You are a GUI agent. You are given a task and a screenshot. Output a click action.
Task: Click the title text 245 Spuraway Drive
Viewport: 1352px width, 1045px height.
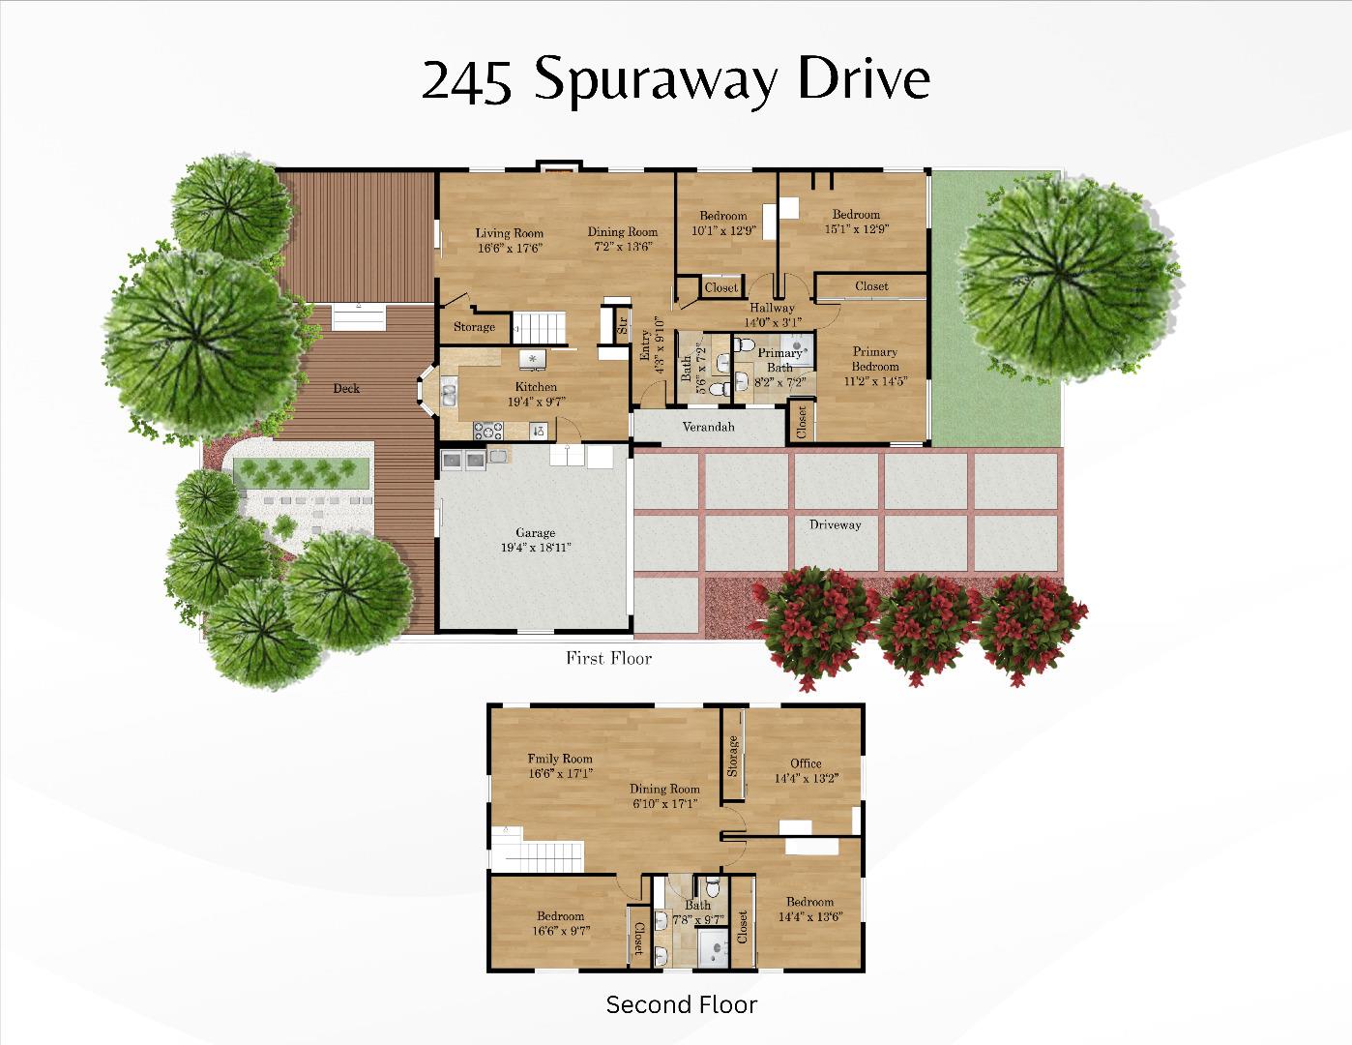pyautogui.click(x=675, y=80)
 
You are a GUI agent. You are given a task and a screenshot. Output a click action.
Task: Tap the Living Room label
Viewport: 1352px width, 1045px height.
pyautogui.click(x=509, y=233)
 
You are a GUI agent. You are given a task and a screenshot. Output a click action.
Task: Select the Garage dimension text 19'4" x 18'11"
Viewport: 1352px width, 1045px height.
pyautogui.click(x=535, y=548)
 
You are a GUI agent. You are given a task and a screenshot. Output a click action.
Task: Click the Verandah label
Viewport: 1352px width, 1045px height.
pyautogui.click(x=708, y=427)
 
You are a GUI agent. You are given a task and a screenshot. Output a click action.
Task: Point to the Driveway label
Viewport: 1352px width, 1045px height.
pyautogui.click(x=835, y=524)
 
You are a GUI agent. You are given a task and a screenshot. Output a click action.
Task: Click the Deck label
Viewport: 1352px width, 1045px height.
pyautogui.click(x=346, y=388)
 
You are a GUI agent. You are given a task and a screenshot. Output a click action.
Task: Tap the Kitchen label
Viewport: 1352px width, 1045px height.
pyautogui.click(x=535, y=387)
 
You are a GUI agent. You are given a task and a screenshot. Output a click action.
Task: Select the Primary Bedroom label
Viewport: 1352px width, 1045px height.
pyautogui.click(x=874, y=359)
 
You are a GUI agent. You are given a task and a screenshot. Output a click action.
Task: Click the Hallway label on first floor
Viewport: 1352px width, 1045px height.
pyautogui.click(x=772, y=308)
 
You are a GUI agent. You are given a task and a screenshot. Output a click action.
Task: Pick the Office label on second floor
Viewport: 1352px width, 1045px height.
pyautogui.click(x=806, y=763)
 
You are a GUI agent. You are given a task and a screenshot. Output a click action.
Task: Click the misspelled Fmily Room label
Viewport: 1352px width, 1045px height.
pyautogui.click(x=560, y=759)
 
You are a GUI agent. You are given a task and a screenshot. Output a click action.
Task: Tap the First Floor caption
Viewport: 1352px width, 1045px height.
pyautogui.click(x=608, y=659)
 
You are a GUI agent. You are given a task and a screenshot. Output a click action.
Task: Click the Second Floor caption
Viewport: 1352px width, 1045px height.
pyautogui.click(x=681, y=1004)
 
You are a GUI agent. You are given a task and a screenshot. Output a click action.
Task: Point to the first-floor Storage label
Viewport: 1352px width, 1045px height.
pyautogui.click(x=474, y=327)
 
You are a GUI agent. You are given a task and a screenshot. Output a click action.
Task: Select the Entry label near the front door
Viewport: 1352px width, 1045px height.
pyautogui.click(x=645, y=344)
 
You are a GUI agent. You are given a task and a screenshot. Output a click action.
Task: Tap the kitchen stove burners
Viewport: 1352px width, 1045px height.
pyautogui.click(x=486, y=428)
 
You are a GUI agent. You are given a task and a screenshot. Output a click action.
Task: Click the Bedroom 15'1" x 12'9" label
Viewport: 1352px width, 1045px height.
pyautogui.click(x=856, y=215)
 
